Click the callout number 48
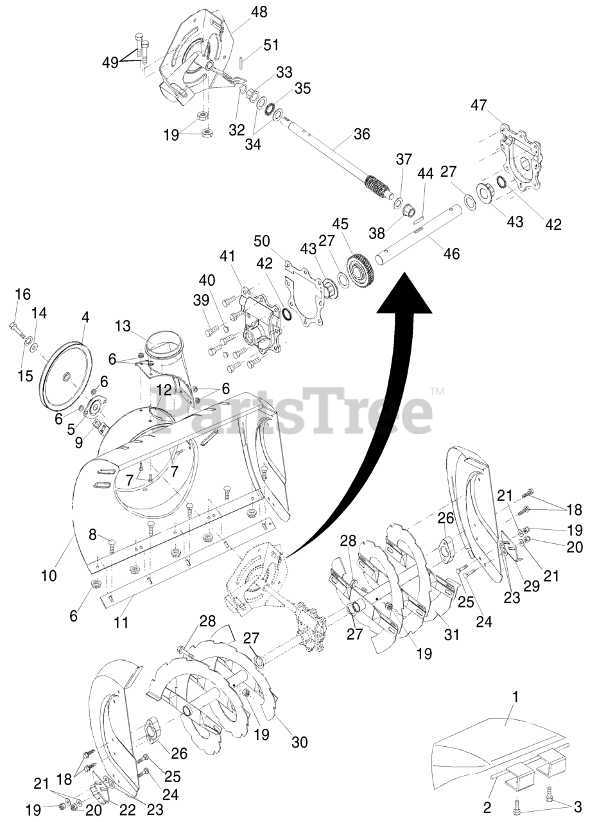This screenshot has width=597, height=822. tap(242, 12)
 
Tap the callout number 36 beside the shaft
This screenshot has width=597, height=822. tap(361, 135)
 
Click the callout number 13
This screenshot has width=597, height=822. tap(123, 326)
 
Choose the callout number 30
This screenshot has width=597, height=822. tap(299, 742)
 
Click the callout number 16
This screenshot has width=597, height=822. tap(22, 294)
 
